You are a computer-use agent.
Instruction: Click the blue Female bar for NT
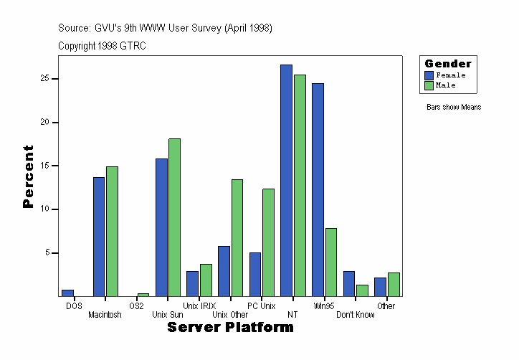(x=286, y=180)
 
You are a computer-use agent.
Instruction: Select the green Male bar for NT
(x=300, y=185)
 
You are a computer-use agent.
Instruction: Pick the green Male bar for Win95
(x=330, y=262)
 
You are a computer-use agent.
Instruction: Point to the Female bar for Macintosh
(x=99, y=237)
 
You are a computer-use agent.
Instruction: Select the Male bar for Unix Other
(x=237, y=237)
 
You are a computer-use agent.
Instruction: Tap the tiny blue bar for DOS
(x=67, y=293)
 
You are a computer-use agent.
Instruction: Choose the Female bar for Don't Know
(x=349, y=283)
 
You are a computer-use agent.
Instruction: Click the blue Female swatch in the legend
(x=429, y=75)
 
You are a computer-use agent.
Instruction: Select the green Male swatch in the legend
(x=429, y=85)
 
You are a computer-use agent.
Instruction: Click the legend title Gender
(x=448, y=64)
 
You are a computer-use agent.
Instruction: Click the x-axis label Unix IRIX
(x=199, y=306)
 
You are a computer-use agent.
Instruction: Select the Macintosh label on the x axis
(x=105, y=315)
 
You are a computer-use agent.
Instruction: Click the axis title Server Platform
(x=230, y=328)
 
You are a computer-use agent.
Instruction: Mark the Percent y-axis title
(x=28, y=176)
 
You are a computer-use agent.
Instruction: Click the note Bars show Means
(x=453, y=108)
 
